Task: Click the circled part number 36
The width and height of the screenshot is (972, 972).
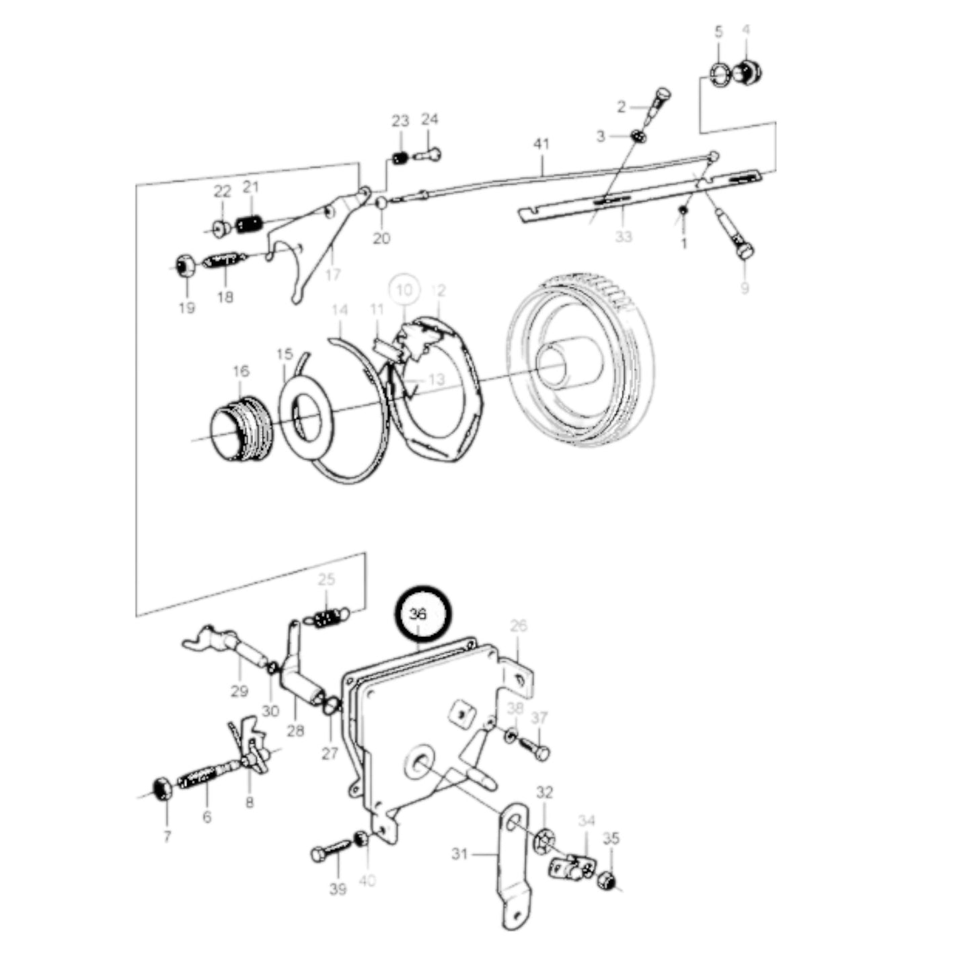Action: click(x=418, y=614)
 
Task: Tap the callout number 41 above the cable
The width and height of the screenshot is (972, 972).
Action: click(x=541, y=144)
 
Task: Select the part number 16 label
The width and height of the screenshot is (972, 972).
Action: click(x=241, y=371)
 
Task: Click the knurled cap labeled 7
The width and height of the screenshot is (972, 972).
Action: click(x=162, y=788)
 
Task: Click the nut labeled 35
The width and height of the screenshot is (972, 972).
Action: click(x=608, y=880)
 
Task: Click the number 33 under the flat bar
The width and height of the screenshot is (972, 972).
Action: click(x=624, y=237)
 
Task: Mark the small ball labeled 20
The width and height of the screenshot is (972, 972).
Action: click(x=381, y=203)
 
